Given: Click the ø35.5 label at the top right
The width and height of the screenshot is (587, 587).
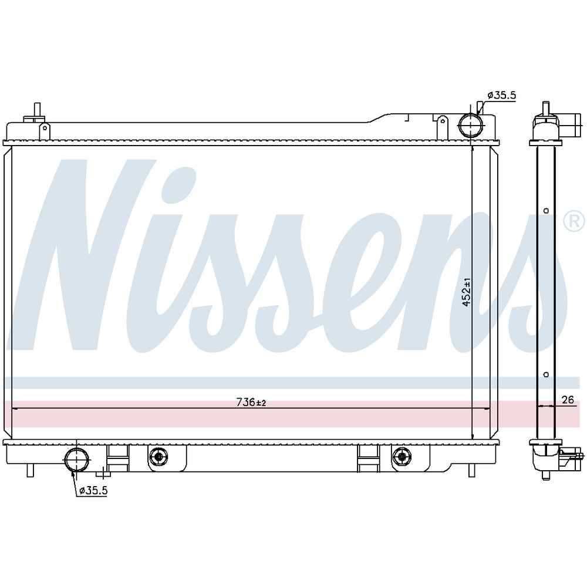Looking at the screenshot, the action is [x=502, y=96].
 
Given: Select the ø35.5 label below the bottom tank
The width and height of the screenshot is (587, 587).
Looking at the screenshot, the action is [x=93, y=490].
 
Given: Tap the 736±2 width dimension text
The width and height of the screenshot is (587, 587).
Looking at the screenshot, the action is [x=251, y=403].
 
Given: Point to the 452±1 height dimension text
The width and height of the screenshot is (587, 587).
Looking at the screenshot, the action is [x=467, y=292].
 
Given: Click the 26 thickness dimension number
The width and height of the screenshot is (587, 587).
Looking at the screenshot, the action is [x=568, y=399].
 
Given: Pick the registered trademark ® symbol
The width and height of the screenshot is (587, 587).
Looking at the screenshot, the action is [x=574, y=222].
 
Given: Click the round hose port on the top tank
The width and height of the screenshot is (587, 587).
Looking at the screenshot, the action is [x=471, y=126].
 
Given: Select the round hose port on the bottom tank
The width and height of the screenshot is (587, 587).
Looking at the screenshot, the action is [x=77, y=460].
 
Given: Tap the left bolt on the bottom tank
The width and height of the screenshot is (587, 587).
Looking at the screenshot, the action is [x=158, y=456].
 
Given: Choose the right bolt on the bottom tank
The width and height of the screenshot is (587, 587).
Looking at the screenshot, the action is [x=402, y=456].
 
